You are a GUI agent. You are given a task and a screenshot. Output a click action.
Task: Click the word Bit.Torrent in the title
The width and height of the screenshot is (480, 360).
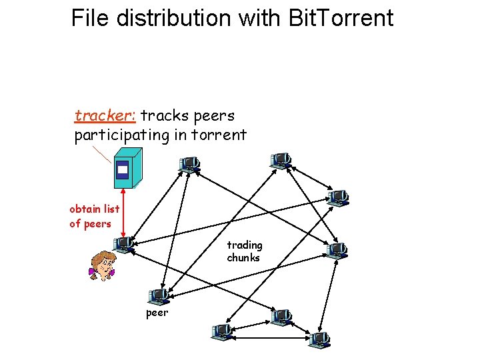(342, 18)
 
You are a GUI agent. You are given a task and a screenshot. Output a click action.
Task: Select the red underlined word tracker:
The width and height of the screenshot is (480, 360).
(105, 116)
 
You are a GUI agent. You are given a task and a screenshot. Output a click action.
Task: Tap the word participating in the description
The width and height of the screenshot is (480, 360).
(122, 135)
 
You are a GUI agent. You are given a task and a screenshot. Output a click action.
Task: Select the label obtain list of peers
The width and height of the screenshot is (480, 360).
(94, 216)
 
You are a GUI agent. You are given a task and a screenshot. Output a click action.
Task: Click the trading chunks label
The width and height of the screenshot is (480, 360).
(244, 251)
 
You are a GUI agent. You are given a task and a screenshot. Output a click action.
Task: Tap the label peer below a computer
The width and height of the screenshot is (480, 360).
(157, 312)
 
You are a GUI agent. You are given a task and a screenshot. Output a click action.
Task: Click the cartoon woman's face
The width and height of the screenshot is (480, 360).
(103, 261)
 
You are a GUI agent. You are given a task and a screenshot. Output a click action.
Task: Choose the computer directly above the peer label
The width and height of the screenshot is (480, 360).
(159, 295)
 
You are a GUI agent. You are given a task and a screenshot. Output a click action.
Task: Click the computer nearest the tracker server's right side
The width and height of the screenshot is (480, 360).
(189, 164)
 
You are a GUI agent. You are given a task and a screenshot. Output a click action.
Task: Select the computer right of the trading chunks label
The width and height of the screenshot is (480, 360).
(337, 250)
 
